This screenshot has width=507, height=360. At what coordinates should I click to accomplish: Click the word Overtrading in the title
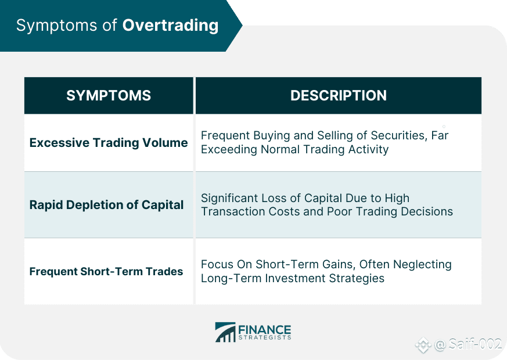click(x=170, y=25)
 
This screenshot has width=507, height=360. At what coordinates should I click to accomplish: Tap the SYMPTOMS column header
click(x=109, y=96)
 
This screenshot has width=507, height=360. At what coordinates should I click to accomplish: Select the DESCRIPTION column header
click(x=339, y=96)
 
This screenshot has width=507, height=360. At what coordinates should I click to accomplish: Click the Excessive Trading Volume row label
click(x=109, y=142)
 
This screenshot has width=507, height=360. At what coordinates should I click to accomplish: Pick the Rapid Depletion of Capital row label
click(x=106, y=205)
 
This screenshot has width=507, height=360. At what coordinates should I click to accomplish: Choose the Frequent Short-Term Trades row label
click(x=106, y=272)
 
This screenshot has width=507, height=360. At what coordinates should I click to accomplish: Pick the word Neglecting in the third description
click(x=422, y=265)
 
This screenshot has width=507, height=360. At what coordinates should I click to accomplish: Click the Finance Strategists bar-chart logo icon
click(x=225, y=332)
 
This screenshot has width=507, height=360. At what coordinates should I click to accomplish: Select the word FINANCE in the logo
click(x=265, y=330)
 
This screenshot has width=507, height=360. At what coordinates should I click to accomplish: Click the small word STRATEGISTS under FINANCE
click(x=265, y=338)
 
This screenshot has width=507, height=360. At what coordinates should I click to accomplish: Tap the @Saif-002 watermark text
click(x=468, y=344)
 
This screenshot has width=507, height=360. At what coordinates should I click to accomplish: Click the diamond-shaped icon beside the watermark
click(x=423, y=345)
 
